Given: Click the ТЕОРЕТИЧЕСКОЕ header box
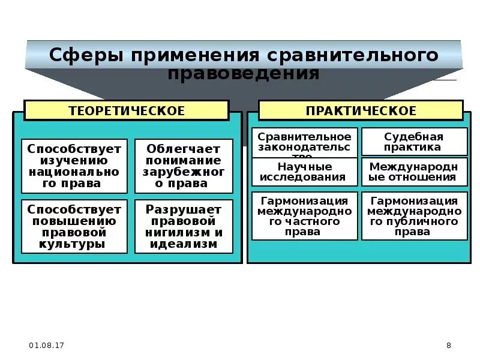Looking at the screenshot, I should pyautogui.click(x=126, y=110).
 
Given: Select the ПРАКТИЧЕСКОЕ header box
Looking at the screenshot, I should pyautogui.click(x=361, y=110).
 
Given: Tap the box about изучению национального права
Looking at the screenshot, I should pyautogui.click(x=74, y=166).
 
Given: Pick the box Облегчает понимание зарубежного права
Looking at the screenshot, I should pyautogui.click(x=184, y=166).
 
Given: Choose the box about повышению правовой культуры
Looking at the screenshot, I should pyautogui.click(x=74, y=227).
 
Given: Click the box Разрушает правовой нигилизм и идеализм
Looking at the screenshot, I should pyautogui.click(x=184, y=227).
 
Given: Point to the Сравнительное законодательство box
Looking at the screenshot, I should pyautogui.click(x=305, y=142).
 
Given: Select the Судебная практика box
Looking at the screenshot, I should pyautogui.click(x=414, y=142).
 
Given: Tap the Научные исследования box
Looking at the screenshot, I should pyautogui.click(x=305, y=172).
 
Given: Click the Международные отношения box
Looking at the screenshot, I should pyautogui.click(x=414, y=172).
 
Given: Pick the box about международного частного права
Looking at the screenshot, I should pyautogui.click(x=305, y=216).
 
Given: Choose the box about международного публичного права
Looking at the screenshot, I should pyautogui.click(x=414, y=216).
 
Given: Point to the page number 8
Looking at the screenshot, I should pyautogui.click(x=449, y=345).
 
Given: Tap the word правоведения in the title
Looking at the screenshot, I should pyautogui.click(x=243, y=73).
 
